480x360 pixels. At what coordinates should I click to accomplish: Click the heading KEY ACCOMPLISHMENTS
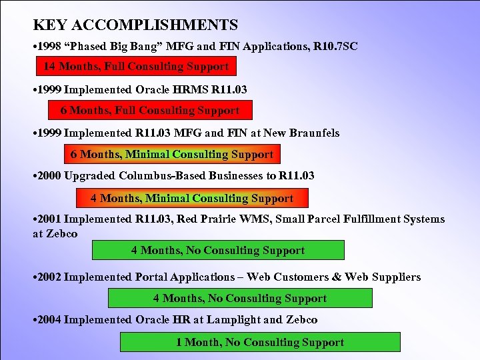135,25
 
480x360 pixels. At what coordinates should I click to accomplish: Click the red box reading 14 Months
136,66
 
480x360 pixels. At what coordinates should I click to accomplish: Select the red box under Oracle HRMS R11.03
150,110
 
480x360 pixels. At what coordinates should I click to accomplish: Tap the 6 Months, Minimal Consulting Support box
172,154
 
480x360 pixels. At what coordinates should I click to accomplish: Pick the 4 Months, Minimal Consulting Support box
192,198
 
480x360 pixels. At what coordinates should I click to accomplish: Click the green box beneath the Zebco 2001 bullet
218,250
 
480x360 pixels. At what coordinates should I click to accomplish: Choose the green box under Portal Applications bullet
240,298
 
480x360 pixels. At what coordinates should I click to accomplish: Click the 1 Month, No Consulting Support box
260,342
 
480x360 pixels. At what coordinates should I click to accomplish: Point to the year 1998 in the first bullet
51,46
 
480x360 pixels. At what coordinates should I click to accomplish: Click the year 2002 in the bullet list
51,277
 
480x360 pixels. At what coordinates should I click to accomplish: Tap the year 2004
51,319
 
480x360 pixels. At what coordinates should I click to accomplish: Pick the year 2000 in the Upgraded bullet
51,175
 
